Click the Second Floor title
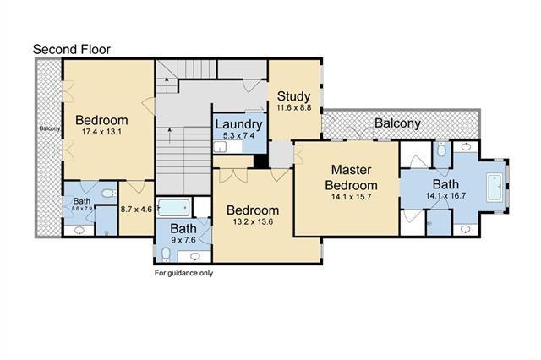point(71,50)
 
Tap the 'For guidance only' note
point(183,273)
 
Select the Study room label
point(293,96)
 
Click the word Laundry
point(238,124)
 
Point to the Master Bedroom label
point(352,177)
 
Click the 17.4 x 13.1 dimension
point(101,131)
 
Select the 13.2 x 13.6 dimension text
point(253,221)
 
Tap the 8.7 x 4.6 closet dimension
point(136,209)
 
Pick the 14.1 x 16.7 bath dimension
point(445,196)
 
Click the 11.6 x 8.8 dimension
point(293,107)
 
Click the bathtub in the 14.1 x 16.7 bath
point(495,188)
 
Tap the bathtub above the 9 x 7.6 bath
point(173,208)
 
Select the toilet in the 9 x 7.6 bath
point(166,254)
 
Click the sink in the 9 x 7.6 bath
point(195,256)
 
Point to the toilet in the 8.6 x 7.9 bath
point(109,194)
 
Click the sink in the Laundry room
point(220,147)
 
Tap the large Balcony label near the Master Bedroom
point(397,123)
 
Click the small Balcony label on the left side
point(50,128)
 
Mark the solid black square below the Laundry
point(261,161)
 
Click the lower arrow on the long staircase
point(169,135)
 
